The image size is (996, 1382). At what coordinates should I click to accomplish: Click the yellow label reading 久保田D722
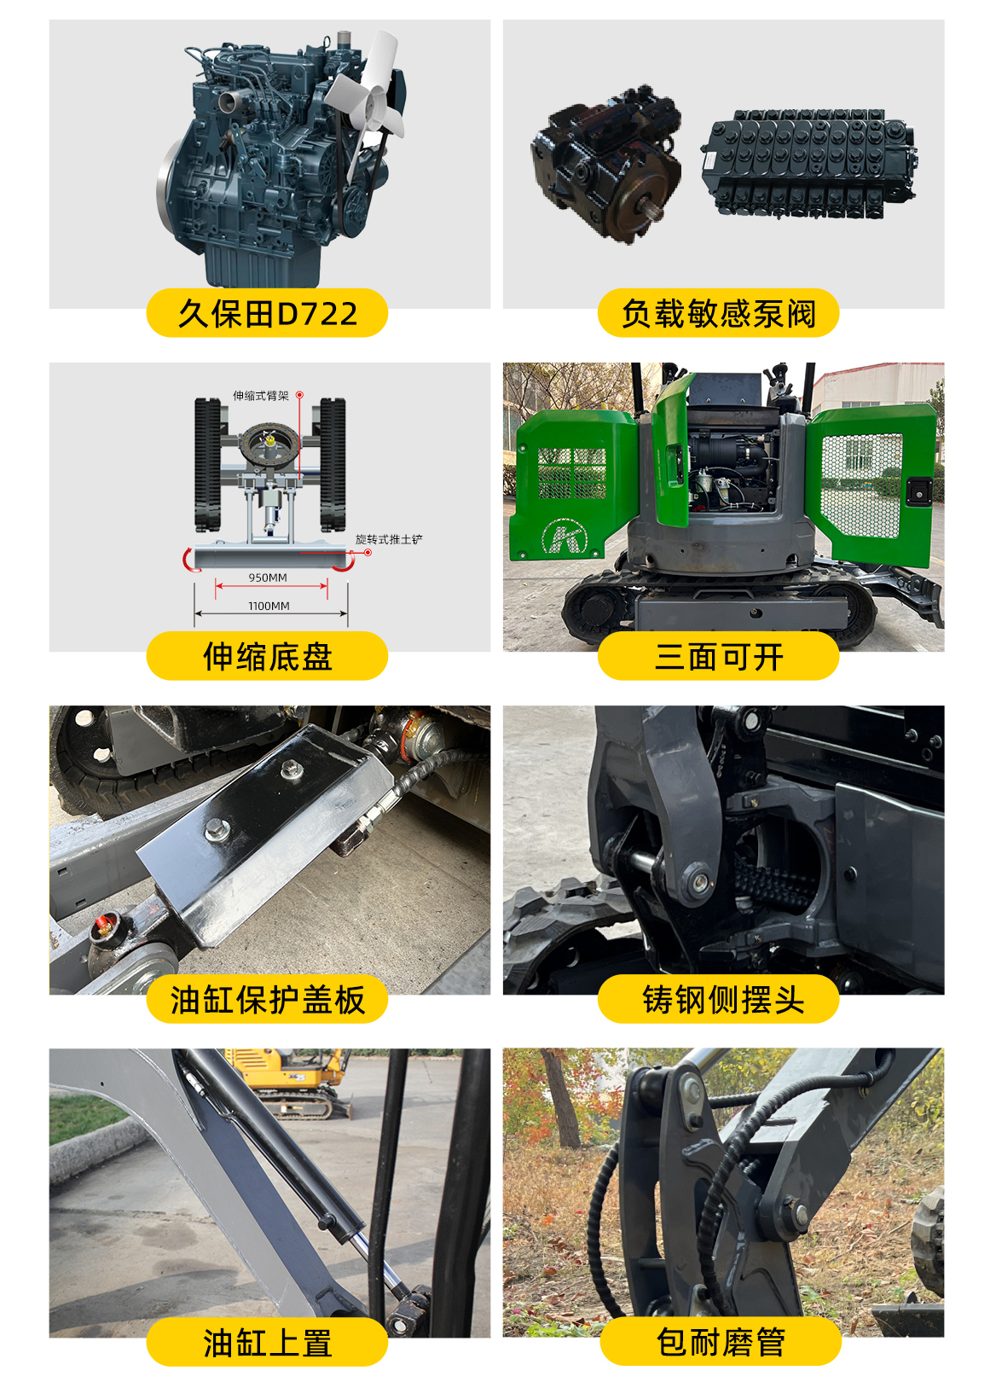(267, 313)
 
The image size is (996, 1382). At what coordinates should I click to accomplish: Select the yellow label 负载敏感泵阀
(718, 313)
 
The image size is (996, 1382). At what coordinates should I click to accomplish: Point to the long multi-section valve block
(807, 162)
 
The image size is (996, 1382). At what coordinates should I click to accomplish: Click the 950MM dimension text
(268, 578)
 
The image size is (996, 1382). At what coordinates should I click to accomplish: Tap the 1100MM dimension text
(269, 606)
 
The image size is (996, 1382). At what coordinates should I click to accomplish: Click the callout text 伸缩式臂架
(261, 396)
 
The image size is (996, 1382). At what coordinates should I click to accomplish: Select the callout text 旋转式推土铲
(389, 539)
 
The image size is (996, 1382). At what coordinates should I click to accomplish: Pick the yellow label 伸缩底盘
(267, 656)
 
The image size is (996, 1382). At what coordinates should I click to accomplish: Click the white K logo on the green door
(565, 537)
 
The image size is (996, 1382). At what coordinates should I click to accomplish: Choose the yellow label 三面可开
(718, 656)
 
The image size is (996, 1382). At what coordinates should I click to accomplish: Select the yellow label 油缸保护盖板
(267, 999)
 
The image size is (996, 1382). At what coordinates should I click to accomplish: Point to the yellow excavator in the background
(294, 1079)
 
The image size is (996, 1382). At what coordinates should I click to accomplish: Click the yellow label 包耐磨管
(721, 1342)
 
